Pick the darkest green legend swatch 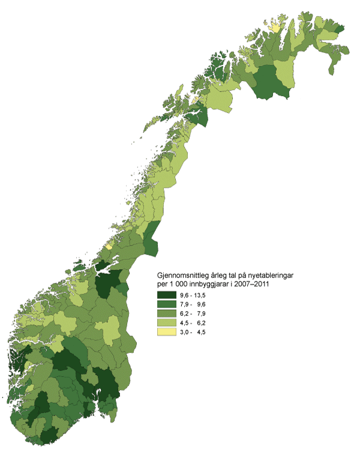[167, 295]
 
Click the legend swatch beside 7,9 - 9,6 [167, 304]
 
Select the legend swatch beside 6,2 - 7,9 [167, 314]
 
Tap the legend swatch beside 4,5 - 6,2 [167, 324]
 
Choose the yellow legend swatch [167, 333]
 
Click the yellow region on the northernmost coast [275, 28]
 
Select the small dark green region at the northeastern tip [339, 28]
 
